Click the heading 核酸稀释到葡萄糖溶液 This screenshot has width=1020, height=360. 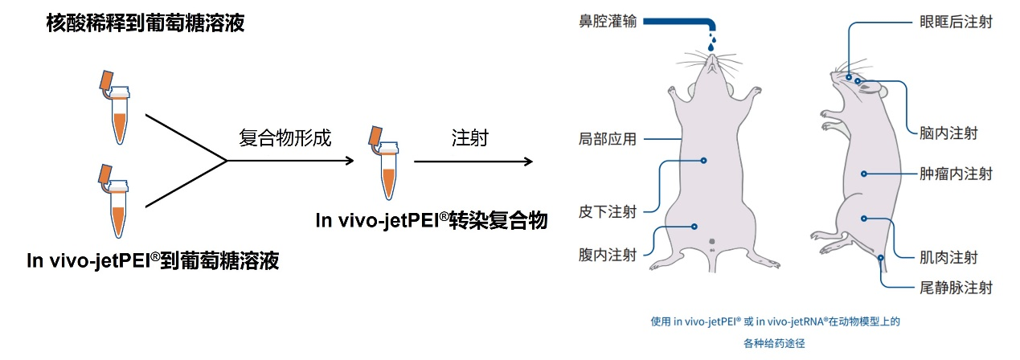pos(145,24)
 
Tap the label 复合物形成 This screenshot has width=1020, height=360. pos(285,137)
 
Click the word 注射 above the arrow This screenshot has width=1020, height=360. pos(470,137)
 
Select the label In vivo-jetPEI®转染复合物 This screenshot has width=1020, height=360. pos(432,219)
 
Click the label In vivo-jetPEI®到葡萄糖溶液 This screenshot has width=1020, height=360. pos(153,260)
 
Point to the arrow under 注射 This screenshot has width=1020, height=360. pos(473,162)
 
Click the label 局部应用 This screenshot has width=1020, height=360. pos(608,139)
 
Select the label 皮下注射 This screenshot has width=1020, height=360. pos(608,212)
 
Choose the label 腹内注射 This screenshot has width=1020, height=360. pos(608,256)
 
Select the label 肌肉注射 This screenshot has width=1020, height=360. pos(948,258)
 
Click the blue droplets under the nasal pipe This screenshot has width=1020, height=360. pos(711,40)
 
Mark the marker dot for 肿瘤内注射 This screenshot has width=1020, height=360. pos(864,173)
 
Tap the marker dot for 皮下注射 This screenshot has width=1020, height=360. pos(703,160)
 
